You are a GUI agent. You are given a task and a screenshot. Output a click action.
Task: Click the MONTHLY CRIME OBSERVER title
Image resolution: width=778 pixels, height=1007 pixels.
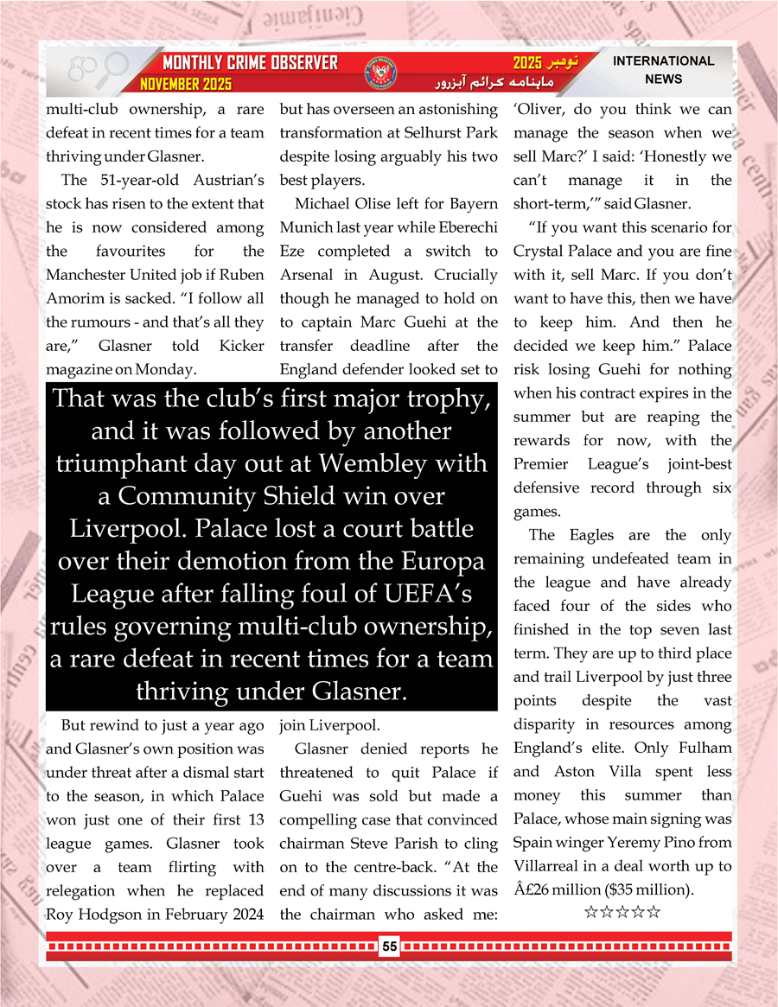pyautogui.click(x=250, y=63)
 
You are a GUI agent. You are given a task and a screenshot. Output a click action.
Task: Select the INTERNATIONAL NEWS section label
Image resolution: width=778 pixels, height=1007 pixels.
pyautogui.click(x=663, y=70)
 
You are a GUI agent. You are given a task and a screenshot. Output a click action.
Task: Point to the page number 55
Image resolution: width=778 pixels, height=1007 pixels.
pyautogui.click(x=390, y=946)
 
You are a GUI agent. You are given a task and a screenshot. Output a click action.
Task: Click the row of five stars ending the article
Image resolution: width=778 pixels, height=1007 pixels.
pyautogui.click(x=622, y=912)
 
